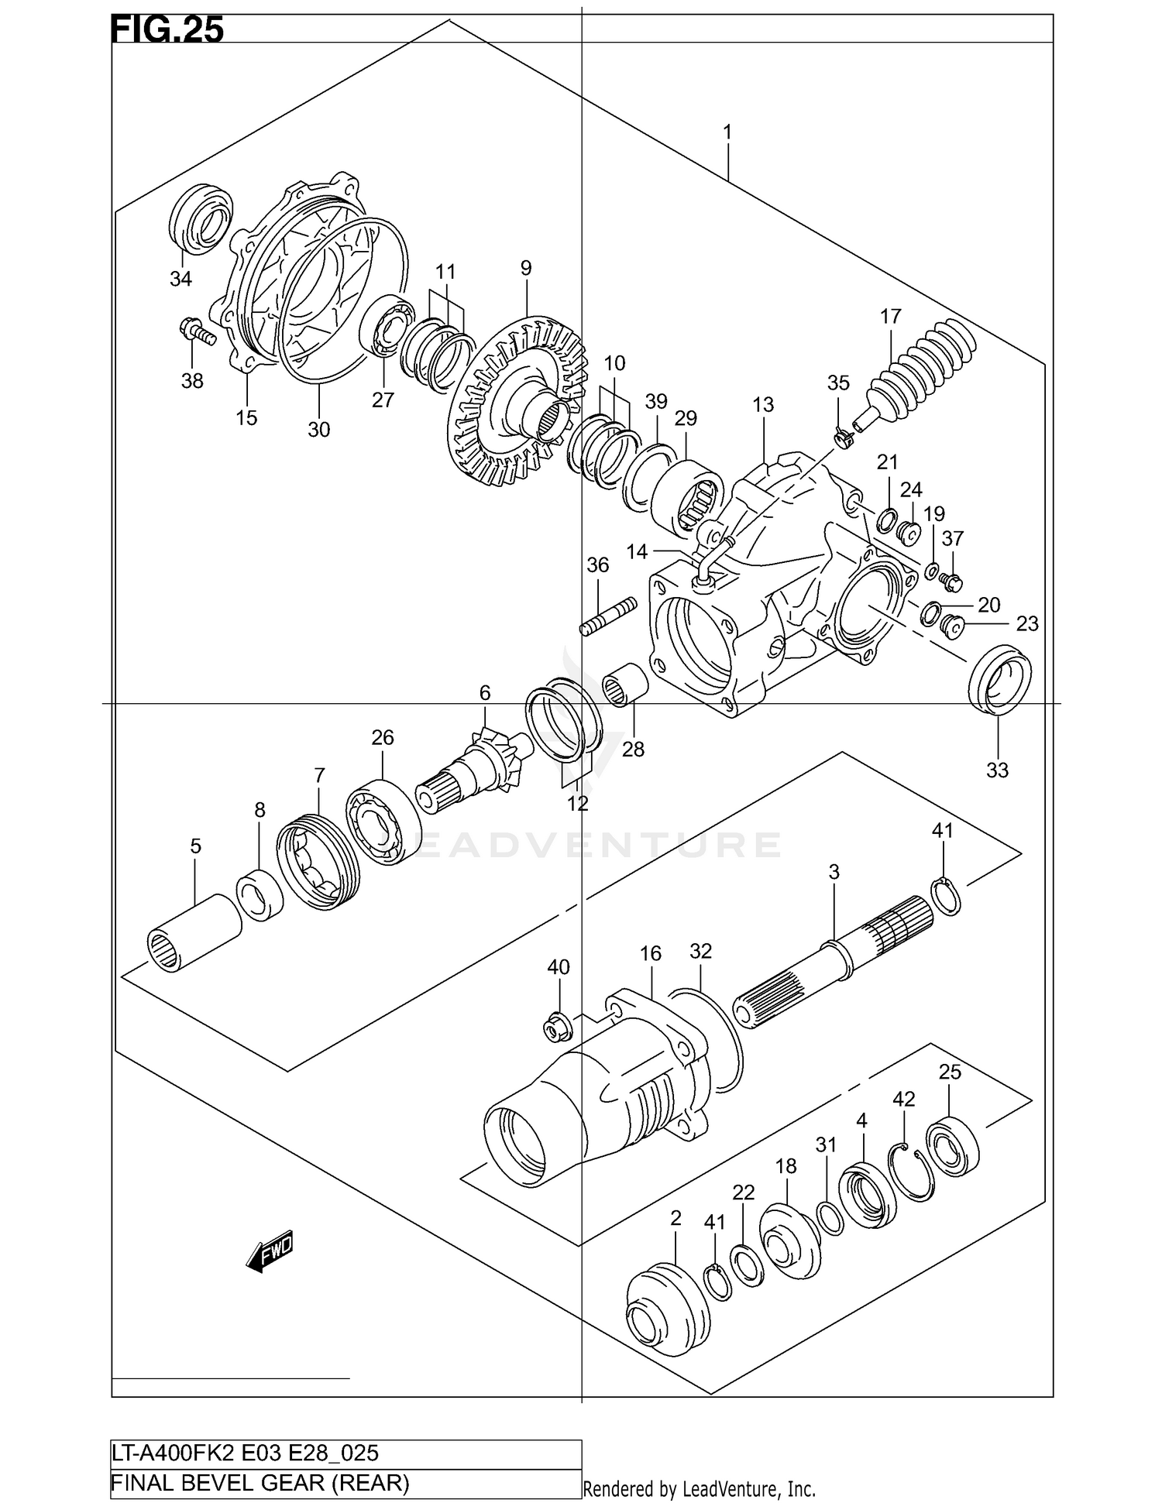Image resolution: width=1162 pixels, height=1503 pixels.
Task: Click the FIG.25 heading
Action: click(x=167, y=29)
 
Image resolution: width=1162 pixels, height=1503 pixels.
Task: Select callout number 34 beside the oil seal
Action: click(x=180, y=279)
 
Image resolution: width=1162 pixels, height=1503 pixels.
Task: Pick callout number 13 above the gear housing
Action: click(x=763, y=404)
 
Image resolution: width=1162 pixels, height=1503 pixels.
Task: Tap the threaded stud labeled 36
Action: click(x=608, y=616)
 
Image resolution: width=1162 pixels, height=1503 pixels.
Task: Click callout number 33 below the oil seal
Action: click(x=997, y=770)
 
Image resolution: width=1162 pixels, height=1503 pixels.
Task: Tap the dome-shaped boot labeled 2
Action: click(x=666, y=1309)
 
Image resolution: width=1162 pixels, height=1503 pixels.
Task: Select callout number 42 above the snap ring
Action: click(x=903, y=1099)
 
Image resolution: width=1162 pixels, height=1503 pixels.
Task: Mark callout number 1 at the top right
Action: click(x=727, y=132)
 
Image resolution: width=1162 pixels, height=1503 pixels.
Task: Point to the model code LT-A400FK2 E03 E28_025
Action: click(x=246, y=1453)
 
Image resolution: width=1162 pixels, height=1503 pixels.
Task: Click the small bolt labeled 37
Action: click(x=951, y=578)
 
